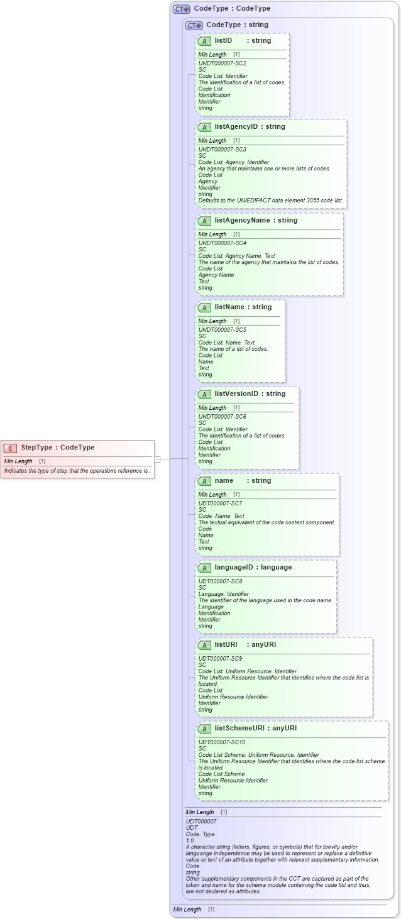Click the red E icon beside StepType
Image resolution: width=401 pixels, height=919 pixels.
10,448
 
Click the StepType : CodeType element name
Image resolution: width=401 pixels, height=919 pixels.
58,448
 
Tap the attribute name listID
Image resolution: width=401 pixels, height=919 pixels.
223,40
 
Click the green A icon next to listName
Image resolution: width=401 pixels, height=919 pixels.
204,307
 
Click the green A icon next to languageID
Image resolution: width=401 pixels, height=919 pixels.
204,568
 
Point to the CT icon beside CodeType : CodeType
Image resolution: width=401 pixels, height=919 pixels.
182,9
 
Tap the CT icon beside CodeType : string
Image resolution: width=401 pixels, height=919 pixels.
194,25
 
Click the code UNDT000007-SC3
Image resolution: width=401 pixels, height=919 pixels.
222,150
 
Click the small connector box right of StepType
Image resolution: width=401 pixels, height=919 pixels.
158,459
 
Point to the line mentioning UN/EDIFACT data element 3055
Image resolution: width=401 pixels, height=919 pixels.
271,201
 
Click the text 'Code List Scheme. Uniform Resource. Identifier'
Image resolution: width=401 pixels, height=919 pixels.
258,755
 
